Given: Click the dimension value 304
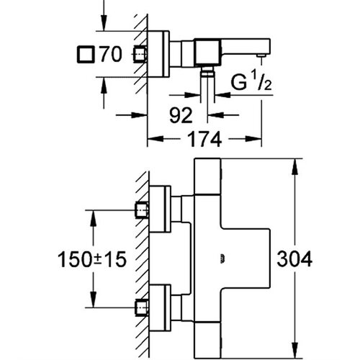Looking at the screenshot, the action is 294,258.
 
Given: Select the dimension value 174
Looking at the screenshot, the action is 204,139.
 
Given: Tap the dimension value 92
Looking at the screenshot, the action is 181,115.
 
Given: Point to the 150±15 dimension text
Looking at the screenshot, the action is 92,259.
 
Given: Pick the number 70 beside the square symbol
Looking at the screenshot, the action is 111,54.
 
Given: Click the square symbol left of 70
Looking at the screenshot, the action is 86,55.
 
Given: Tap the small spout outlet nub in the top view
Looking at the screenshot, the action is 261,55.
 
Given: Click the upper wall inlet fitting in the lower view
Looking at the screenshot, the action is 141,210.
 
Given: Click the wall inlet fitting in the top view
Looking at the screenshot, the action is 140,54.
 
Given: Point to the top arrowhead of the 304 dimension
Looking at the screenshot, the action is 294,166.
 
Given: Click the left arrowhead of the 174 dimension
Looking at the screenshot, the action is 156,139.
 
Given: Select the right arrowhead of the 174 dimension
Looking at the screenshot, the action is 253,139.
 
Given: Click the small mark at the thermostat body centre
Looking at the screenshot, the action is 222,258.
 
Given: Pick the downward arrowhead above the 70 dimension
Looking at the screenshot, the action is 104,23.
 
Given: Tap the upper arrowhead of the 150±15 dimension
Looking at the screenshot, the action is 93,218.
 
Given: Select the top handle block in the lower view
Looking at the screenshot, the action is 208,176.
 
